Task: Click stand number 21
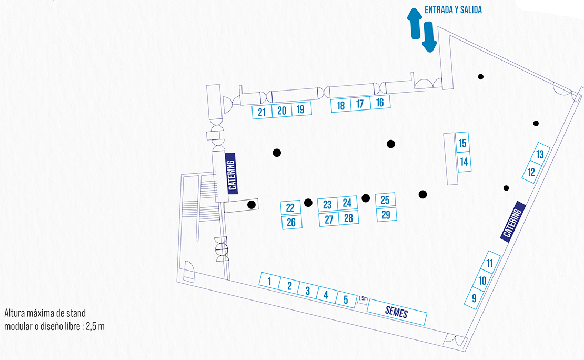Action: tap(262, 112)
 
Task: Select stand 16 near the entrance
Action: tap(380, 103)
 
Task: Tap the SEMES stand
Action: tap(397, 311)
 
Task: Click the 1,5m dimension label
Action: tap(363, 298)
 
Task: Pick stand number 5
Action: tap(346, 300)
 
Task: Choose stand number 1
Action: tap(269, 282)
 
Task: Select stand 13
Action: tap(540, 154)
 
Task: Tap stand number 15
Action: tap(462, 143)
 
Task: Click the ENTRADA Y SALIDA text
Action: tap(453, 9)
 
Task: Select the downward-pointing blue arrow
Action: tap(429, 37)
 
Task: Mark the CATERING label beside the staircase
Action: tap(232, 172)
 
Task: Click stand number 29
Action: tap(386, 214)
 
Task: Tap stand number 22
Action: tap(290, 208)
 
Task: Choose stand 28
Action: tap(348, 217)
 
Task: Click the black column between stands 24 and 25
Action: tap(366, 198)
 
